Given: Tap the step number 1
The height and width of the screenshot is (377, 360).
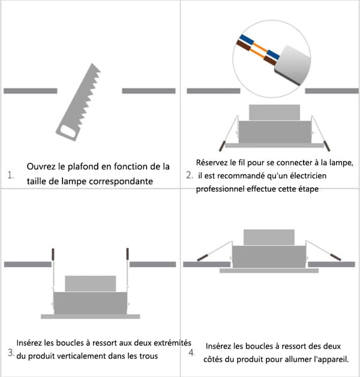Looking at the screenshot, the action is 11,175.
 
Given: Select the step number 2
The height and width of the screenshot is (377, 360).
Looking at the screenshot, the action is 190,175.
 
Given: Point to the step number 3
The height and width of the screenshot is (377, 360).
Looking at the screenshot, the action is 11,352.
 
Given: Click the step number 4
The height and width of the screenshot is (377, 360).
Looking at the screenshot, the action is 191,352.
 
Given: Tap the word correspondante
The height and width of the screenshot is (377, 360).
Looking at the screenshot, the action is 121,181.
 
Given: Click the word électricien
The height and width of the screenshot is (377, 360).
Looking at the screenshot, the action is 308,175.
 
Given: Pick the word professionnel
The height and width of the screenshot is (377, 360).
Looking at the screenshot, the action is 220,189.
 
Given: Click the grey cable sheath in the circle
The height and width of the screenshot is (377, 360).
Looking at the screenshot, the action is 292,65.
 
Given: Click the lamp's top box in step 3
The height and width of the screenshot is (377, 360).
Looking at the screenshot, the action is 91,284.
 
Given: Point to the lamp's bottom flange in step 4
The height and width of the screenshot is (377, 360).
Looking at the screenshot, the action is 269,271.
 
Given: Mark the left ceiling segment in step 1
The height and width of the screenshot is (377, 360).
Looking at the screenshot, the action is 31,91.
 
